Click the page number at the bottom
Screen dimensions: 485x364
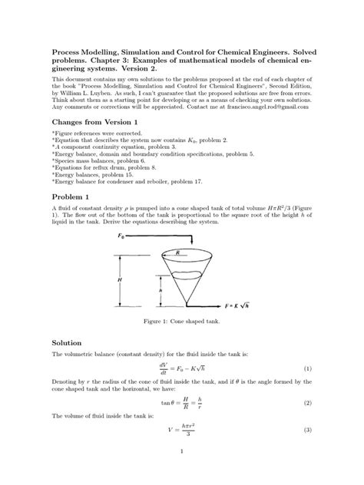click(182, 472)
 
